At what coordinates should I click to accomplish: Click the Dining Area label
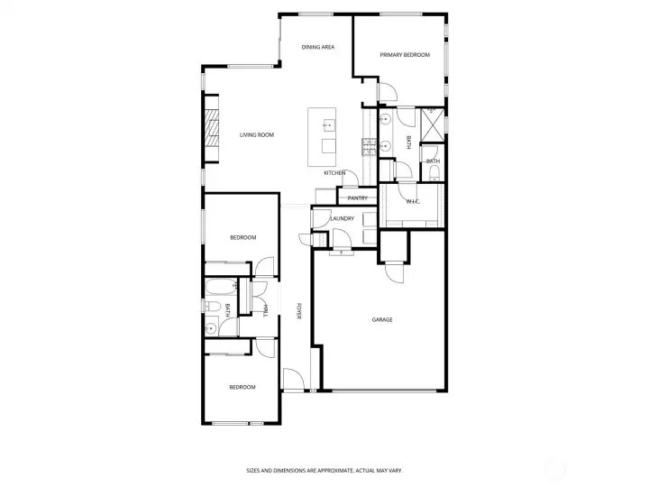coord(318,47)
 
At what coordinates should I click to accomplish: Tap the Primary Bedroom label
coord(405,55)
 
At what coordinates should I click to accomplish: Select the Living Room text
coord(257,134)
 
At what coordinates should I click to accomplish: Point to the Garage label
coord(382,319)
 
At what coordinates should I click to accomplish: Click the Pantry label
coord(357,198)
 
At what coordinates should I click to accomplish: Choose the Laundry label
coord(343,218)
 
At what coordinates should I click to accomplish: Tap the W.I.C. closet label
coord(413,202)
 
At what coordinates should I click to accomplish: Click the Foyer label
coord(298,311)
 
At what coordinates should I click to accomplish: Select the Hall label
coord(266,310)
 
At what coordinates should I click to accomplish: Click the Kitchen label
coord(334,172)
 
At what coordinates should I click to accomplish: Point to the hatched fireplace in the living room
coord(212,128)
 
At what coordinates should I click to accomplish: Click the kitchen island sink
coord(329,124)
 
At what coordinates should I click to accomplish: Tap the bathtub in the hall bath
coord(221,287)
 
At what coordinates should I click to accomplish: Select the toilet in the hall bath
coord(213,307)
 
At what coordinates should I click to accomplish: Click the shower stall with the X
coord(433,124)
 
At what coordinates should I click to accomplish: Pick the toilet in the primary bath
coord(434,173)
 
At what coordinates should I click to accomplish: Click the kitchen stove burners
coord(368,147)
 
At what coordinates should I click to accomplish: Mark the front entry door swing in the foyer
coord(294,379)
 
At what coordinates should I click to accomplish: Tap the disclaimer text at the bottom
coord(324,471)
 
